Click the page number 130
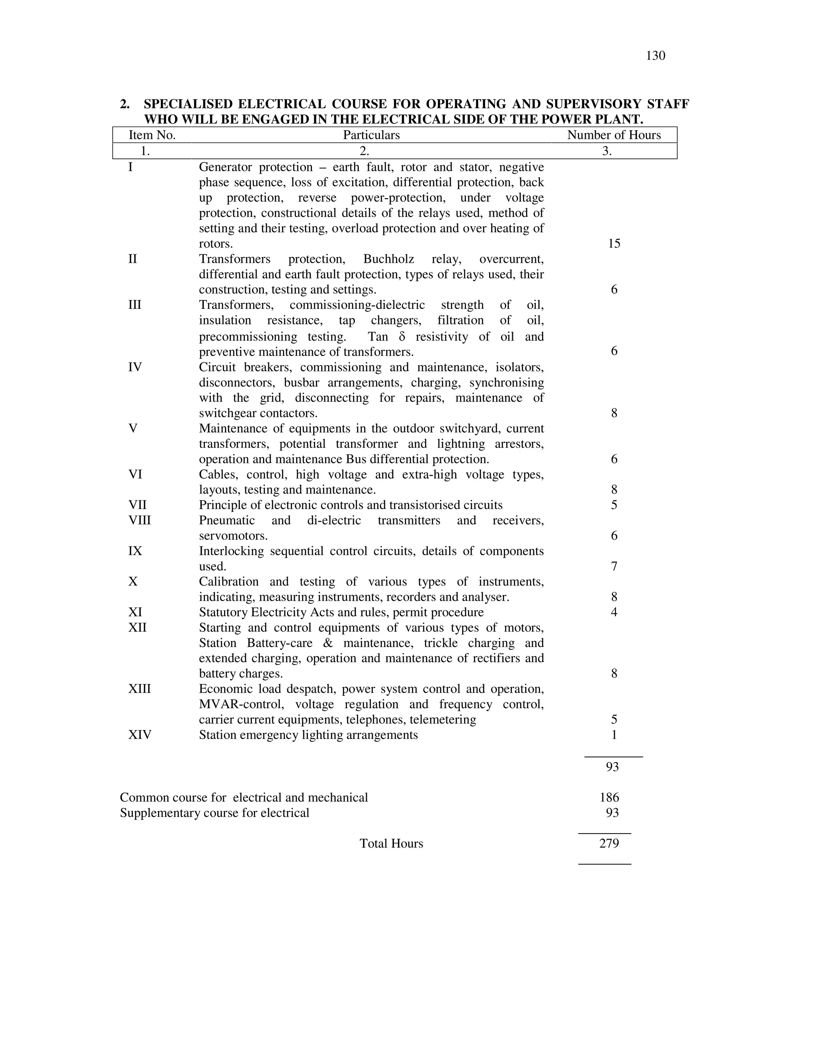655,56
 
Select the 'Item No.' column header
152,135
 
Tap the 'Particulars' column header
371,135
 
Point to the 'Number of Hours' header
614,135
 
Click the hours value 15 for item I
614,244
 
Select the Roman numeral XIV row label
140,735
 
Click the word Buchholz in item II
389,260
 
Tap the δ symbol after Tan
402,337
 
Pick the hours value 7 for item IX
614,566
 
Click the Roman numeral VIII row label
140,520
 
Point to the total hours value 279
609,844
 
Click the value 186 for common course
609,797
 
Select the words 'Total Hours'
391,844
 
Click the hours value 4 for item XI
614,613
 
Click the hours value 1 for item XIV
614,735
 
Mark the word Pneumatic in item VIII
227,520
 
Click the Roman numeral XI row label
135,613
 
